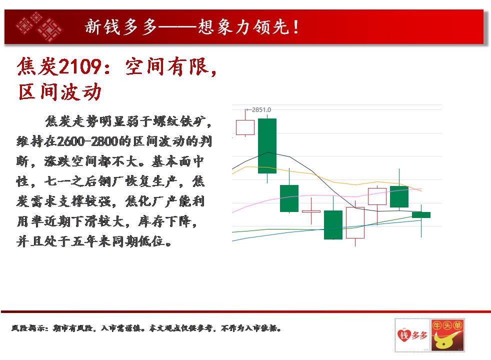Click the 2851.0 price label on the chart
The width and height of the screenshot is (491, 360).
(x=261, y=110)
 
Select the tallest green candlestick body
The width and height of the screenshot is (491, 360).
(x=267, y=146)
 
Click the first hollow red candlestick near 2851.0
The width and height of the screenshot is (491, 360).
(x=245, y=127)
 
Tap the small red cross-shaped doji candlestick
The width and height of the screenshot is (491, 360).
(x=311, y=211)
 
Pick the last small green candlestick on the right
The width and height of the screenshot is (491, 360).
(x=421, y=214)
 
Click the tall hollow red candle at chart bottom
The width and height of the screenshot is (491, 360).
(x=355, y=222)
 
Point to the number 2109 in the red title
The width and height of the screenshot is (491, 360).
(x=80, y=66)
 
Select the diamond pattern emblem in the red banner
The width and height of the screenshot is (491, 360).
(x=39, y=26)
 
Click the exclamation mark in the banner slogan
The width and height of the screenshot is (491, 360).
(x=295, y=27)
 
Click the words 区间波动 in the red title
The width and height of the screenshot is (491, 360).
(x=60, y=92)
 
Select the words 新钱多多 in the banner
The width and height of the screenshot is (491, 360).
(x=121, y=27)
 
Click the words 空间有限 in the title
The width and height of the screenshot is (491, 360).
(x=166, y=66)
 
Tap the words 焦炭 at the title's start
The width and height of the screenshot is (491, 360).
(x=37, y=66)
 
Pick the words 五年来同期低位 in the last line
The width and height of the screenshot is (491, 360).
(x=118, y=241)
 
